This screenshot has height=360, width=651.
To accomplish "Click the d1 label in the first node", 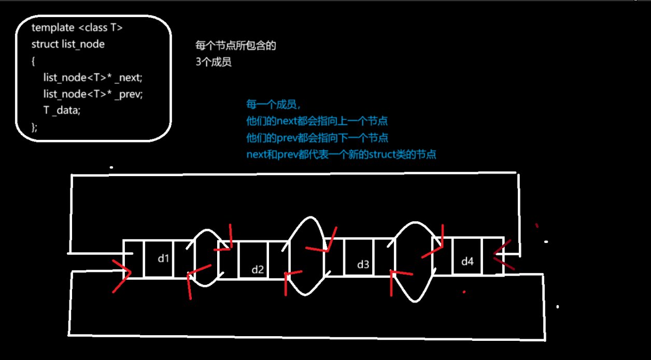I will pos(164,257).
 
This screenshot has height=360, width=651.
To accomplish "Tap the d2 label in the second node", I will pos(258,269).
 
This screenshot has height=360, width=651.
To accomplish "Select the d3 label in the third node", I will pos(363,265).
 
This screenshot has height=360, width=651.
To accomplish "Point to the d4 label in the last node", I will pos(468,262).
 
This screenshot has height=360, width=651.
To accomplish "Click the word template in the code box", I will pos(53,27).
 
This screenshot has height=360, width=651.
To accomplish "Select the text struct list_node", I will pos(68,44).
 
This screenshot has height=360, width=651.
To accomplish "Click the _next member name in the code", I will pos(130,77).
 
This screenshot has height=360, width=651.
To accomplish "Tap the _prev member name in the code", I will pos(130,94).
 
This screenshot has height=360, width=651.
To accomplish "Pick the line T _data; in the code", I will pos(62,110).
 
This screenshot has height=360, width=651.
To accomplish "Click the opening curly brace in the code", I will pos(33,61).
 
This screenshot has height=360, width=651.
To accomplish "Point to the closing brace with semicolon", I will pos(34,127).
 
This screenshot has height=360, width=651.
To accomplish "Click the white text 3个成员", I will pos(213,62).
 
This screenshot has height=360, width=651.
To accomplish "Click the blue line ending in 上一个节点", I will pos(317,121).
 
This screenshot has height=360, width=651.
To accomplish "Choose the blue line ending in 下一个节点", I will pos(317,138).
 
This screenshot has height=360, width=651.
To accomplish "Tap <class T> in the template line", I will pos(100,27).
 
